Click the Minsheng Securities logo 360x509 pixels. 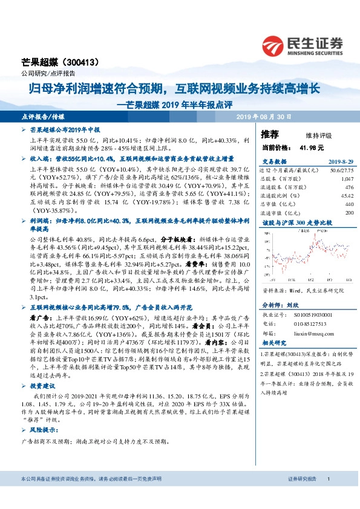tap(303, 45)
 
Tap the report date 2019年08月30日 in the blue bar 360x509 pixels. tap(263, 117)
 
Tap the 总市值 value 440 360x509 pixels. tap(349, 204)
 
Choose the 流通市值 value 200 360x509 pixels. tap(349, 213)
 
